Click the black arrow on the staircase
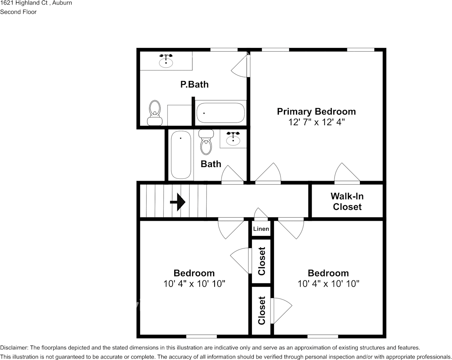pyautogui.click(x=178, y=202)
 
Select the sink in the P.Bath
pyautogui.click(x=166, y=61)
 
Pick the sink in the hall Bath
pyautogui.click(x=233, y=140)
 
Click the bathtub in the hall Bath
pyautogui.click(x=180, y=155)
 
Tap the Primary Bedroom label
pyautogui.click(x=316, y=112)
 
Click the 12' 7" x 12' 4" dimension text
pyautogui.click(x=316, y=122)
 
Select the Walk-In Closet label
pyautogui.click(x=347, y=201)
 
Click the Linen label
pyautogui.click(x=261, y=229)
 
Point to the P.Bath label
pyautogui.click(x=194, y=84)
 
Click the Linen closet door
pyautogui.click(x=261, y=215)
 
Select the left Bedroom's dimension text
pyautogui.click(x=194, y=284)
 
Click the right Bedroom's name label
pyautogui.click(x=328, y=273)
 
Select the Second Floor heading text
pyautogui.click(x=18, y=12)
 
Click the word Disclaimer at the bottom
pyautogui.click(x=14, y=347)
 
